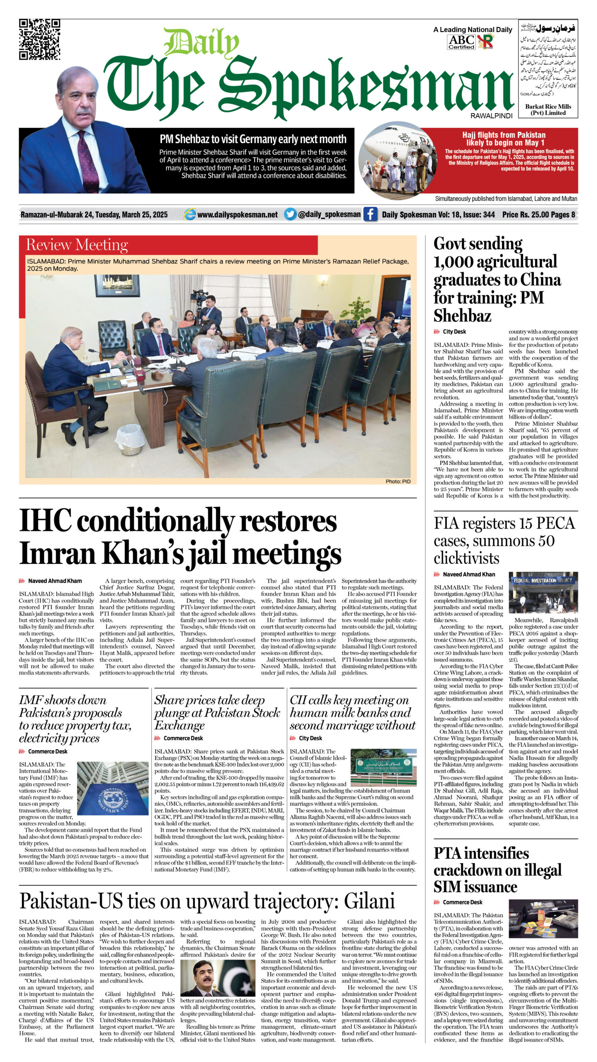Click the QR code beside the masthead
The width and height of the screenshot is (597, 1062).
point(40,39)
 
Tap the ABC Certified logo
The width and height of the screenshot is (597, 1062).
point(461,42)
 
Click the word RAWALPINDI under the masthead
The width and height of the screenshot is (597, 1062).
point(491,116)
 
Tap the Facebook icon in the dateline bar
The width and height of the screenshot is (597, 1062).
point(370,214)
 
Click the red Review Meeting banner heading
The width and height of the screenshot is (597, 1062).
point(77,245)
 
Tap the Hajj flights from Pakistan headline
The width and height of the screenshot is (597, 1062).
point(504,139)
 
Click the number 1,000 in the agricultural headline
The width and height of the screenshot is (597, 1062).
point(454,262)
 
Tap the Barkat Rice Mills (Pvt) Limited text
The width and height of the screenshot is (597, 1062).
point(548,110)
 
